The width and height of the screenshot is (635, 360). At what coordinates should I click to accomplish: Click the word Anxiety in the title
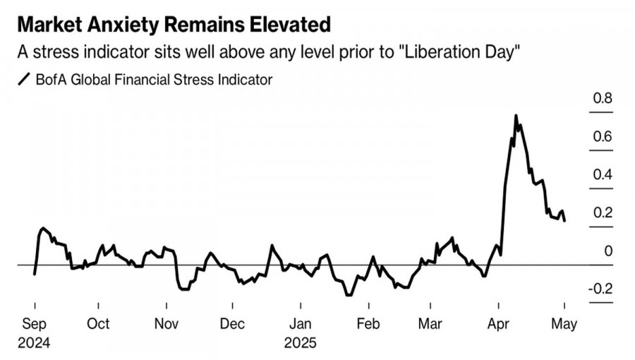[x=127, y=25]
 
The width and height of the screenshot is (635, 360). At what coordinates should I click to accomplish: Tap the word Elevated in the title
[x=289, y=25]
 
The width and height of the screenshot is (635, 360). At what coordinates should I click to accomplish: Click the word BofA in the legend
[x=52, y=80]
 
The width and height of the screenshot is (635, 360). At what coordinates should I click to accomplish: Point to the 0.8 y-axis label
[x=603, y=99]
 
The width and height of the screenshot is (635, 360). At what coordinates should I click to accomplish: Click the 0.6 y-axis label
[x=603, y=137]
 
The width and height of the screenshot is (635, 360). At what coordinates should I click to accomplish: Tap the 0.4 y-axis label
[x=603, y=175]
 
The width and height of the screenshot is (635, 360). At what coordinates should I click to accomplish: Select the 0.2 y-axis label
[x=603, y=213]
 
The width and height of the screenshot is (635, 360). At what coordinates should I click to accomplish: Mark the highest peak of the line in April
[x=516, y=116]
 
